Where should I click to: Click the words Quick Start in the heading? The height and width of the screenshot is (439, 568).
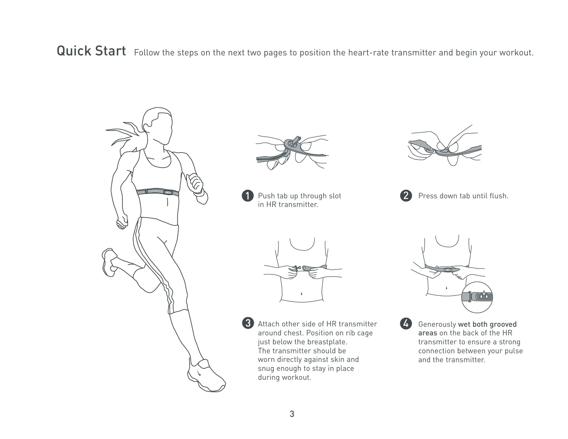pos(91,51)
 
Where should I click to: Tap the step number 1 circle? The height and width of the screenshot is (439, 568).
pos(248,196)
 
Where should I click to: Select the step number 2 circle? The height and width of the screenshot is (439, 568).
pos(406,196)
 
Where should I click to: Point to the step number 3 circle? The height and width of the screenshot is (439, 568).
pos(248,323)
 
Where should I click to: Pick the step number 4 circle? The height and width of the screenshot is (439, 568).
pos(406,323)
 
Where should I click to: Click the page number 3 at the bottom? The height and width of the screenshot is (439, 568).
pos(292,414)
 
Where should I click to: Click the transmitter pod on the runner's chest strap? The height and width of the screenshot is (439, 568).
pos(168,193)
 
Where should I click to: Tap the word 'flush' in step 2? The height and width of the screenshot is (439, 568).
pos(498,196)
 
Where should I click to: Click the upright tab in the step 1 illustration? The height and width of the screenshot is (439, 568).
pos(296,142)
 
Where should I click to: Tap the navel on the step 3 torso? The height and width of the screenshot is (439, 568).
pos(302,294)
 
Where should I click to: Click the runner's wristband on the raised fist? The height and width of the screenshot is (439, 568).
pos(199,193)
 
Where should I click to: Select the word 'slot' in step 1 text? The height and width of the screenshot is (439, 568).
pos(334,196)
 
